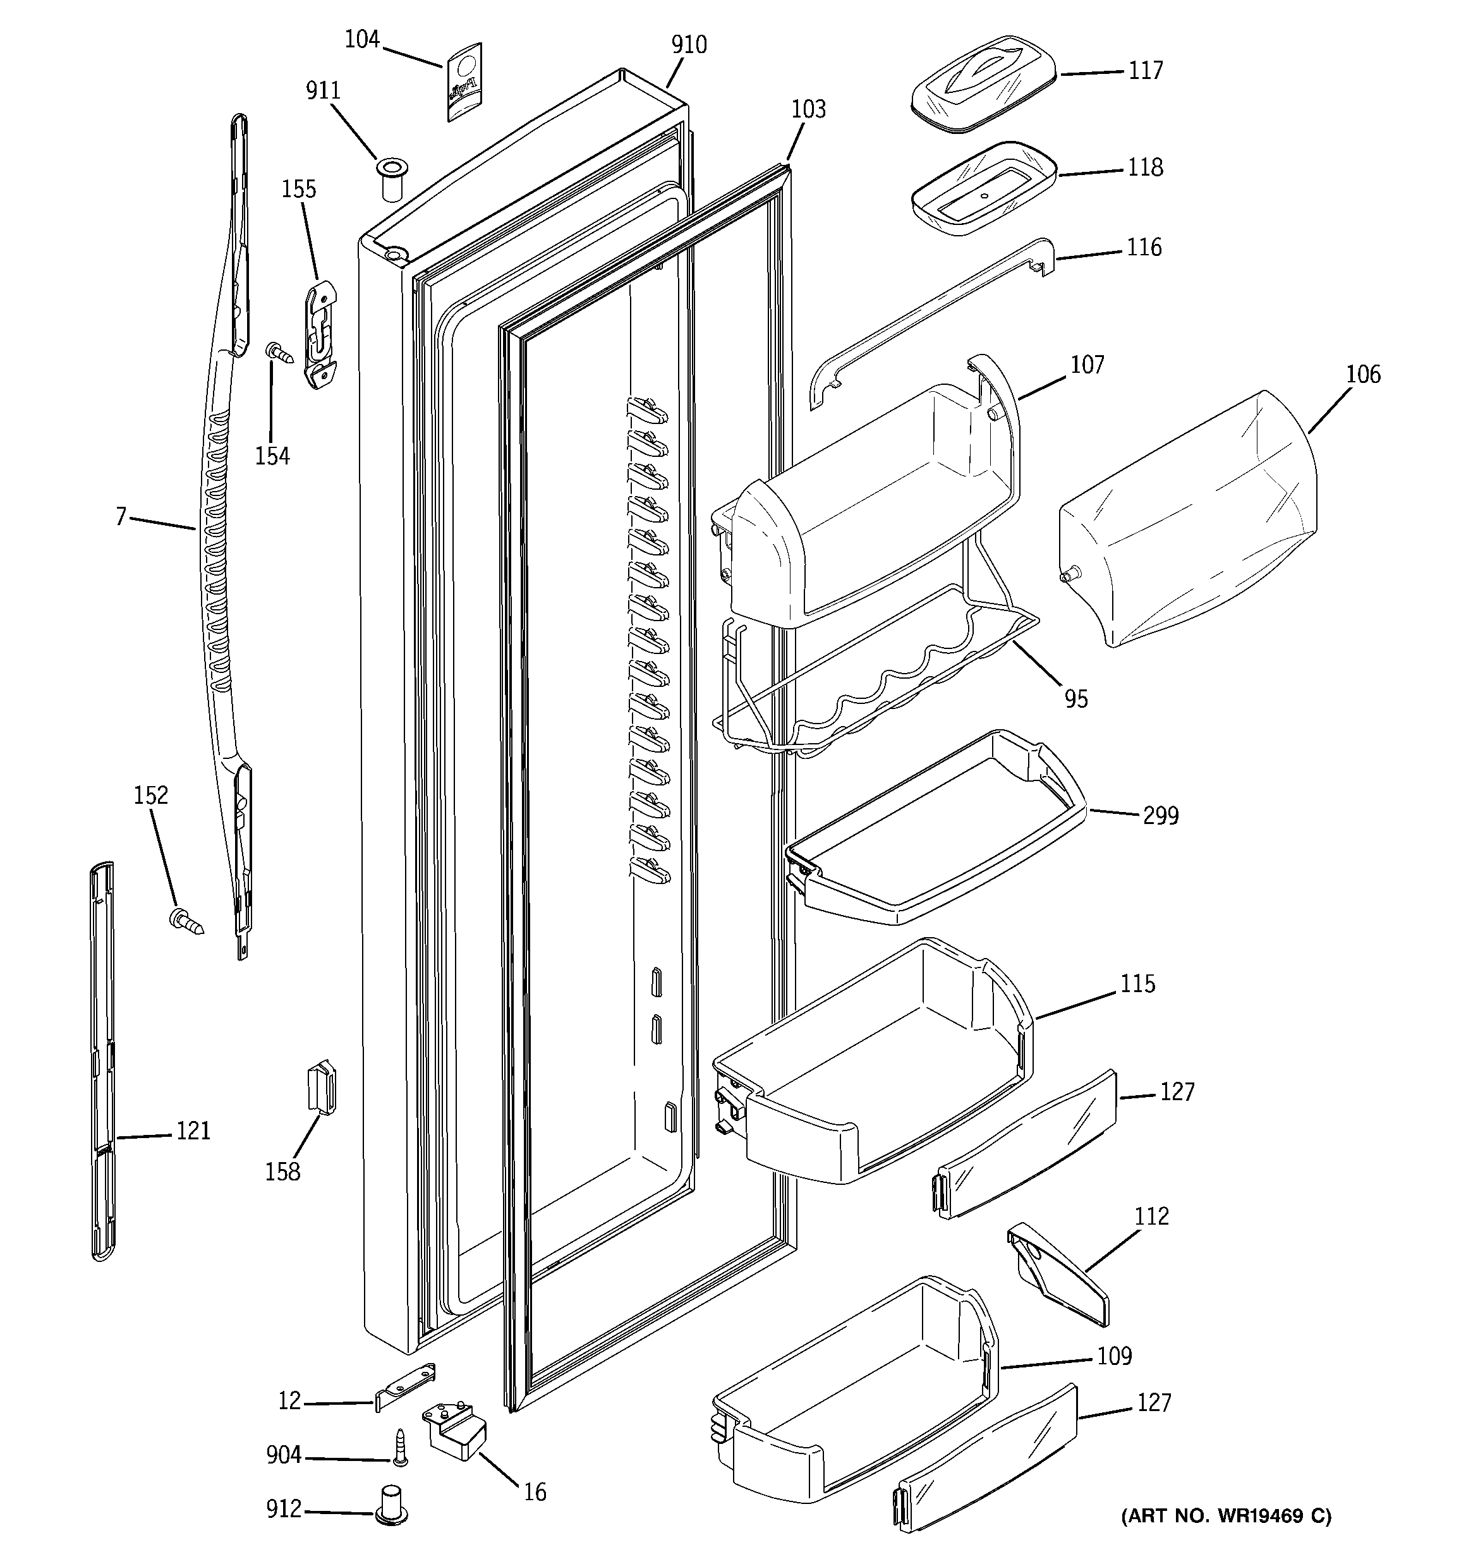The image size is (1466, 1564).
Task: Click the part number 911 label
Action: pos(323,91)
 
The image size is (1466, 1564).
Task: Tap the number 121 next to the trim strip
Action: pos(193,1131)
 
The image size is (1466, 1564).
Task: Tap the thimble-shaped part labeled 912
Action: pos(391,1505)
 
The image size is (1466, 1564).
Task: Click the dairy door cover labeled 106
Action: pos(1188,519)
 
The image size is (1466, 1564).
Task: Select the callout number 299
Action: pos(1161,816)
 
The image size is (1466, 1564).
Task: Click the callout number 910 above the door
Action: pos(689,45)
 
